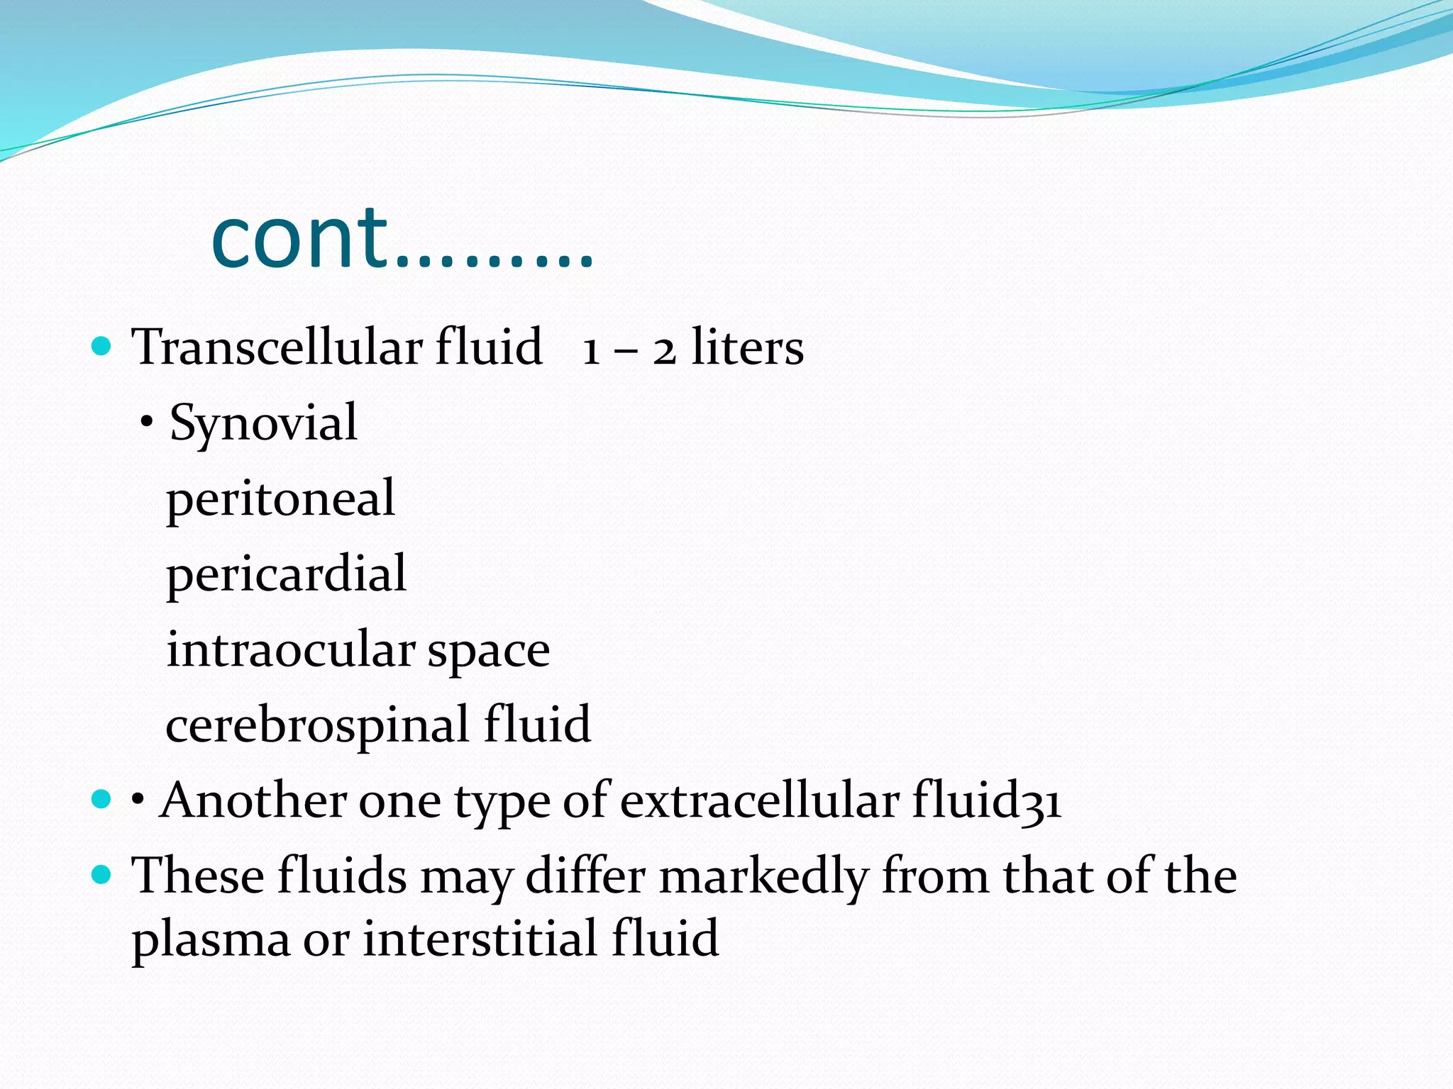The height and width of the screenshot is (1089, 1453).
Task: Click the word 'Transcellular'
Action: pos(277,347)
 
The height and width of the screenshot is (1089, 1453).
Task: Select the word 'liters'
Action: pos(747,347)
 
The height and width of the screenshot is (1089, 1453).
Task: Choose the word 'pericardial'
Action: pos(286,574)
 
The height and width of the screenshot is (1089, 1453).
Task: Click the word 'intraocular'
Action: pos(290,649)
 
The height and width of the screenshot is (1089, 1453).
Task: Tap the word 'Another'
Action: pos(253,801)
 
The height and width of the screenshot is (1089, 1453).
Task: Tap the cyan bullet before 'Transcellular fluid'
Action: pos(102,347)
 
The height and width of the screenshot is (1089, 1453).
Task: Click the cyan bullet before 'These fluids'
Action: pos(102,876)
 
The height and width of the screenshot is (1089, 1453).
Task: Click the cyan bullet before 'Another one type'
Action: pos(102,800)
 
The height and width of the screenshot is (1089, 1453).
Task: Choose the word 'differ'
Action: pos(585,876)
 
